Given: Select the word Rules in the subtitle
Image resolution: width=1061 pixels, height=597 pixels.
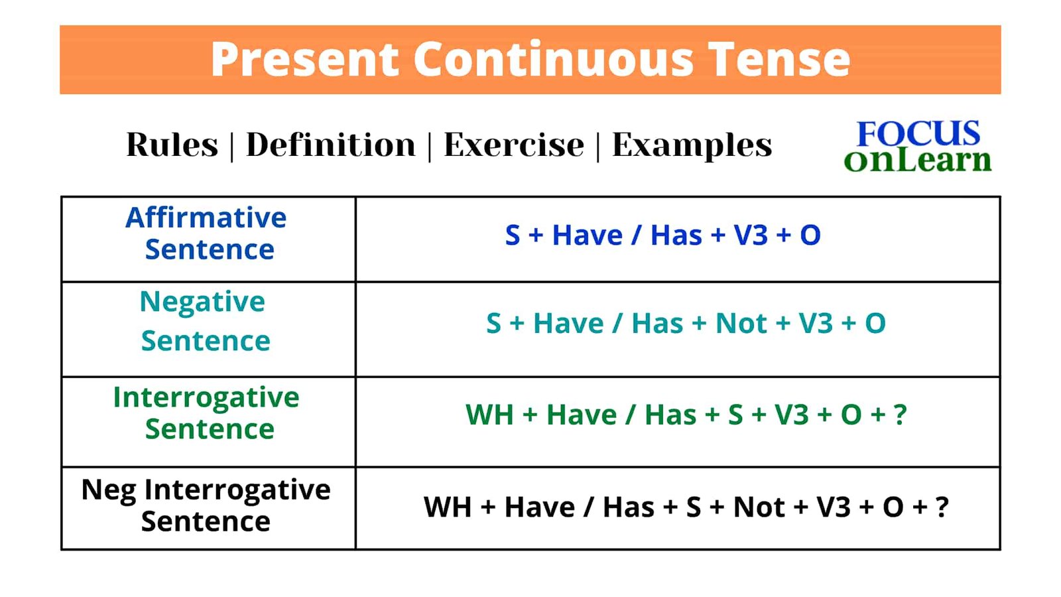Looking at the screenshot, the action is (x=172, y=145).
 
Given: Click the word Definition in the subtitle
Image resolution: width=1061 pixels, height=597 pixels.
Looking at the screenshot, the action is (x=331, y=145).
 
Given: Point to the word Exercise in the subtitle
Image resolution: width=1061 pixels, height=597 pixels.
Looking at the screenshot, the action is (x=514, y=145).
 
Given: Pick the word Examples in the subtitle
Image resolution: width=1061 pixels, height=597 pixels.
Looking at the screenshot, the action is (x=692, y=146).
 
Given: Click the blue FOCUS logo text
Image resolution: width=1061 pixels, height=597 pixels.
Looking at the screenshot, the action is (x=918, y=133).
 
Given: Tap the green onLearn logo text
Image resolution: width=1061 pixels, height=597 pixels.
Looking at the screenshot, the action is (x=918, y=160).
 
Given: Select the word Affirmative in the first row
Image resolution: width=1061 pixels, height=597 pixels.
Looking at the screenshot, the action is (x=206, y=218).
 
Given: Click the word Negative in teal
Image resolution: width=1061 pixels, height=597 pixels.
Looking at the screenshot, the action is (x=202, y=302).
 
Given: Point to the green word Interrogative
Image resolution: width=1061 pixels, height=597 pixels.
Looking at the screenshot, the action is (x=206, y=398).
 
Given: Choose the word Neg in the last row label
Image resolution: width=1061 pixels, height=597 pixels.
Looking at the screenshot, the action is (x=109, y=490).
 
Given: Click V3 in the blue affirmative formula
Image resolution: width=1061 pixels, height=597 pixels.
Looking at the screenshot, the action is (x=750, y=235).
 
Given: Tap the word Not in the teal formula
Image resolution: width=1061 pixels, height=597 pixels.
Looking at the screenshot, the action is (x=741, y=324).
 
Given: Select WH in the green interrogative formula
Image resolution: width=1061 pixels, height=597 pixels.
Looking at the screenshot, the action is (x=489, y=415).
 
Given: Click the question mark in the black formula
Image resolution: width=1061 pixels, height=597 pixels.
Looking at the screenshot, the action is (x=942, y=507).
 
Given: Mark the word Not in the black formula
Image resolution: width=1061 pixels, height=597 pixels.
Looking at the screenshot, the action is (x=759, y=507).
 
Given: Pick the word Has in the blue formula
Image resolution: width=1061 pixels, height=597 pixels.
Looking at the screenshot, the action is (x=676, y=235).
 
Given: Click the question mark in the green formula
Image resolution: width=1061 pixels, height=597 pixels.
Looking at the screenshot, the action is (x=900, y=415).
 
